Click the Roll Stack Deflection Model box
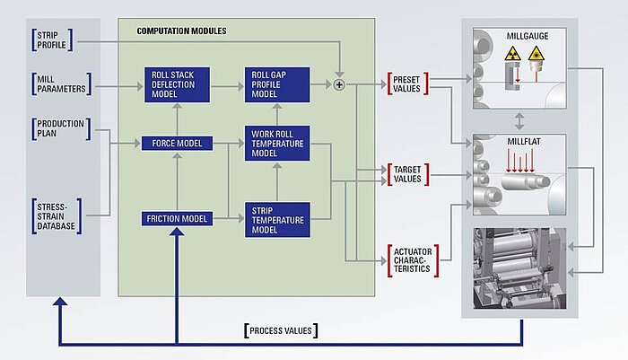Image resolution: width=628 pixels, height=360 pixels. (177, 84)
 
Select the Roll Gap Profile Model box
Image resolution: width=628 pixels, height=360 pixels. (277, 84)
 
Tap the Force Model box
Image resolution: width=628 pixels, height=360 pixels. (177, 143)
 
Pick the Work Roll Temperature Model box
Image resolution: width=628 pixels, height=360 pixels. (277, 143)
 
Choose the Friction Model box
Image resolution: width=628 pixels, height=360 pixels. (177, 219)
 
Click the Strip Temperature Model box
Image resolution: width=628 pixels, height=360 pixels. (277, 220)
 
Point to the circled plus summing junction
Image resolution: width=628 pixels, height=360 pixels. (339, 84)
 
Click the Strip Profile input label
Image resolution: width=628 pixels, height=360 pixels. (52, 40)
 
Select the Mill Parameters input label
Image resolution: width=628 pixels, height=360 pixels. (61, 83)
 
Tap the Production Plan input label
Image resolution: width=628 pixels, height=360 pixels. (61, 128)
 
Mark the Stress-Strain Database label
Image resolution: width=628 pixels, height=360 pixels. (57, 216)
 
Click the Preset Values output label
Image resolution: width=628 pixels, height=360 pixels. (407, 83)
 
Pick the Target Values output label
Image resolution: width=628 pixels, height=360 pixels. (407, 174)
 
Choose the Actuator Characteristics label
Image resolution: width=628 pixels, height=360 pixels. (413, 260)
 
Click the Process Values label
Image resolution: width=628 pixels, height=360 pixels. (281, 330)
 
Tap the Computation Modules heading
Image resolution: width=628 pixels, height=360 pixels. (181, 31)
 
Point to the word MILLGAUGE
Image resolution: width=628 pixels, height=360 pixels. (528, 36)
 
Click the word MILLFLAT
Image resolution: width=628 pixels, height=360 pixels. (524, 142)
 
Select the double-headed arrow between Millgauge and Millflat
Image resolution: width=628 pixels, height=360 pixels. (519, 121)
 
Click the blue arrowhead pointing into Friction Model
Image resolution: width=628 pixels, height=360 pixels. (177, 232)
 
